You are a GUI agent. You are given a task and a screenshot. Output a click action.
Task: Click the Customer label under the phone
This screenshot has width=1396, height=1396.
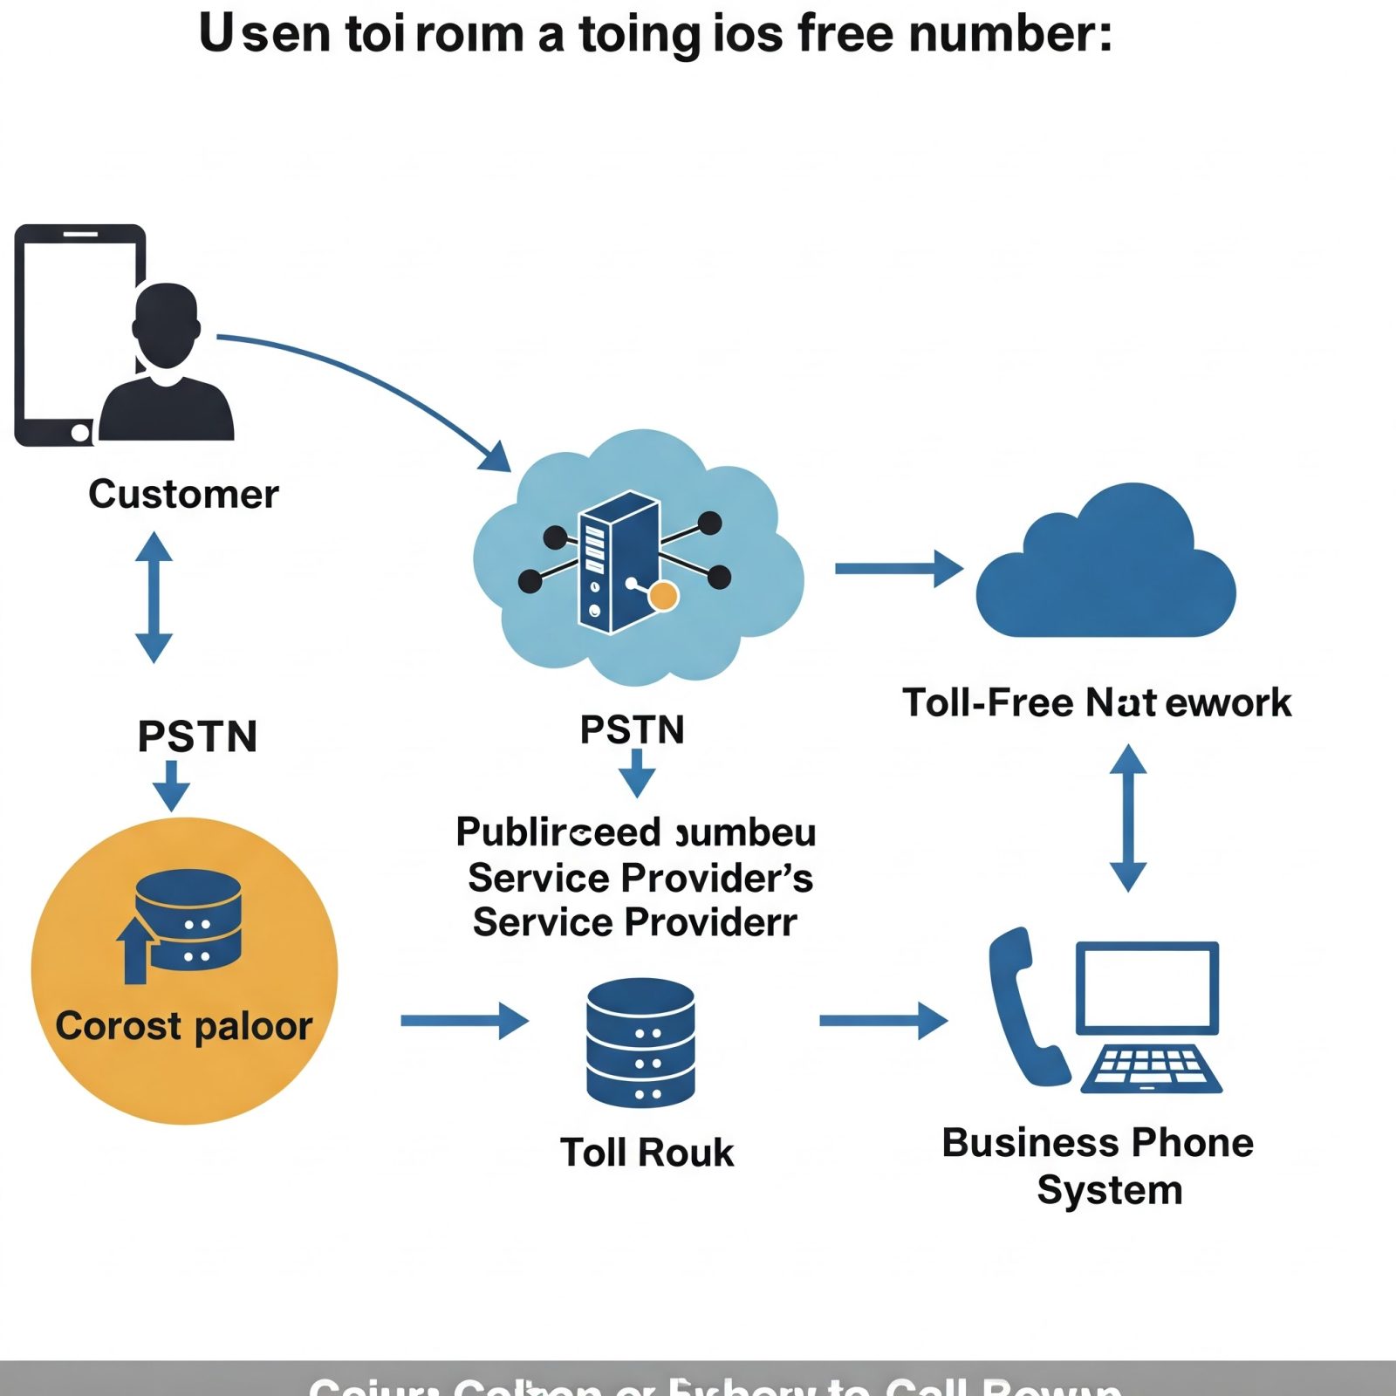(x=183, y=494)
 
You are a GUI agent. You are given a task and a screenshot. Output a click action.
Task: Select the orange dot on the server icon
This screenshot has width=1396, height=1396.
(x=664, y=596)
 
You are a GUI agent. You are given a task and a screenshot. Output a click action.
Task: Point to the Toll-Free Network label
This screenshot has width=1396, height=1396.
(x=1097, y=702)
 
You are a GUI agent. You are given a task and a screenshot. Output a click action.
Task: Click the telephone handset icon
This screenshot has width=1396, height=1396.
(x=1024, y=1008)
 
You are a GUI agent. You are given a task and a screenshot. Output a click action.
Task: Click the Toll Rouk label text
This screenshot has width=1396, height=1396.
(x=647, y=1153)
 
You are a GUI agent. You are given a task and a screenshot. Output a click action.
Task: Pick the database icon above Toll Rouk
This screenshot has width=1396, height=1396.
(x=640, y=1042)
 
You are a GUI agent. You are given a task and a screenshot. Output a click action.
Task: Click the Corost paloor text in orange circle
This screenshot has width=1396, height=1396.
(x=183, y=1026)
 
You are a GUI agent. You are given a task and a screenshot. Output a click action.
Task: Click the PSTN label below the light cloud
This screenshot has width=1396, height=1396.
(x=633, y=729)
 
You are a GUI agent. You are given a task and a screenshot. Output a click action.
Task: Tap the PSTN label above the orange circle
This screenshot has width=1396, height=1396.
(x=197, y=736)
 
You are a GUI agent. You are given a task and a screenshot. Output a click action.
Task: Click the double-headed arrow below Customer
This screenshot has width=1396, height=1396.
(x=154, y=598)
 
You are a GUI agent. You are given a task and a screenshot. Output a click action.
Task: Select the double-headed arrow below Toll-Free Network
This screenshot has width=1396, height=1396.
(x=1128, y=818)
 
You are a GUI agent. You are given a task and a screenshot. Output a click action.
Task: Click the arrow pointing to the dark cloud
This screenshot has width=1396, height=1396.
(x=899, y=569)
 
